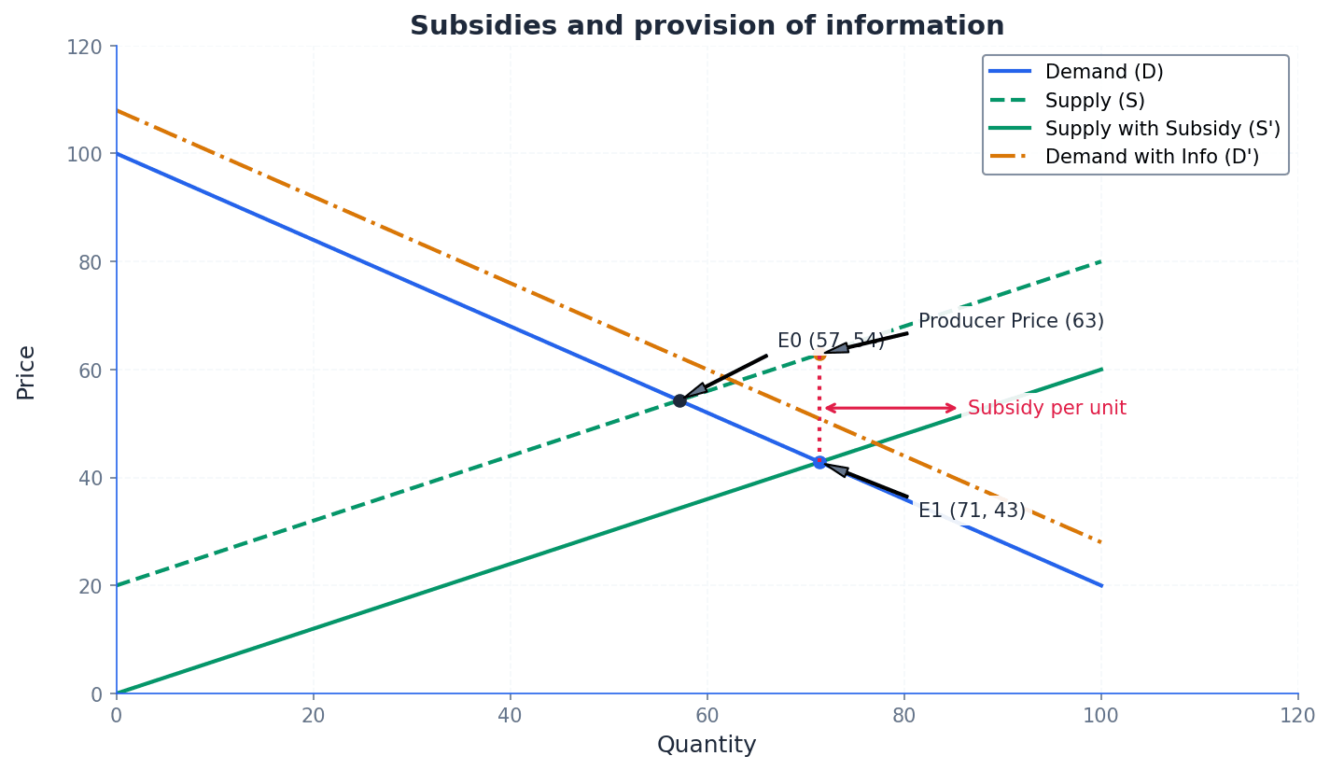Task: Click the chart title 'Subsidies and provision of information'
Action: [707, 26]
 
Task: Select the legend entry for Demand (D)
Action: [1103, 73]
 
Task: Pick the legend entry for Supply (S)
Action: [1094, 101]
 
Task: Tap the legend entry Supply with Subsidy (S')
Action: [1162, 129]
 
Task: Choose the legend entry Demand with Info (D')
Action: [1151, 157]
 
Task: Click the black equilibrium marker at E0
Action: [679, 400]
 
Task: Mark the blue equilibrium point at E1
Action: [819, 462]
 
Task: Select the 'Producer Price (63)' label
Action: [1011, 322]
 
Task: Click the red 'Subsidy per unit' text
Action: [1046, 409]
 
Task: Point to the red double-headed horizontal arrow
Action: [890, 408]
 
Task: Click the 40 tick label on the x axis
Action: [511, 716]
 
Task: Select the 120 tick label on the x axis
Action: [1297, 716]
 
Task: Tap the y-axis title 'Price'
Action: [26, 371]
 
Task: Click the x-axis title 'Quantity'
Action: [707, 746]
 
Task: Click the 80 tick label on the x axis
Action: [904, 716]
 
